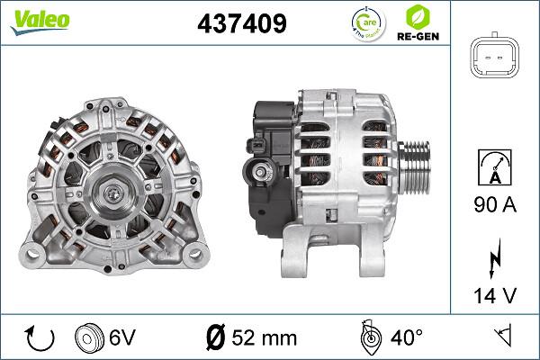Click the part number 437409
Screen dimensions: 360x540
coord(242,24)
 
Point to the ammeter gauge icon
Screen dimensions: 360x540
coord(497,167)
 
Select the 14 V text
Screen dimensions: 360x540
coord(497,295)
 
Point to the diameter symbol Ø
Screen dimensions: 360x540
coord(216,338)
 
